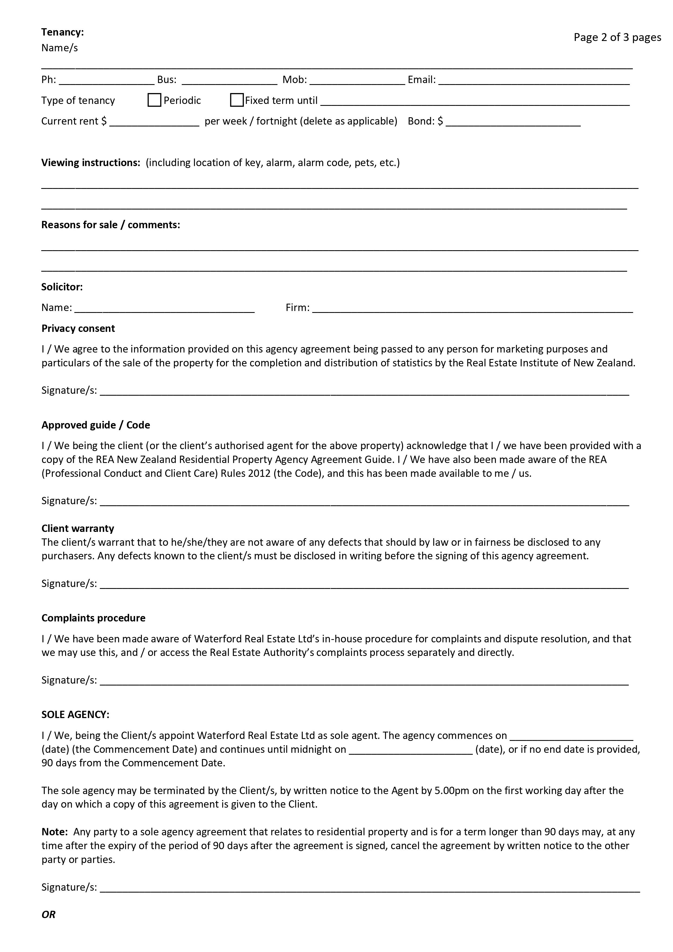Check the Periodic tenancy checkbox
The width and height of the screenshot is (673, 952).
coord(154,100)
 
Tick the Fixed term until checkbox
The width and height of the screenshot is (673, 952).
coord(237,100)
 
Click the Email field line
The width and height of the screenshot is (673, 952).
coord(534,80)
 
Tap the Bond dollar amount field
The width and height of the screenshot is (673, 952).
coord(513,122)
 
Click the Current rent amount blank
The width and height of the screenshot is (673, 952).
coord(154,122)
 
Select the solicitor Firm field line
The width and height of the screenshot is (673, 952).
coord(473,308)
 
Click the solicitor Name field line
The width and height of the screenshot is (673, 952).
coord(164,308)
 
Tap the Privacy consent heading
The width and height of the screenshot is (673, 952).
coord(78,328)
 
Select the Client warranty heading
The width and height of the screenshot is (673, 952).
coord(78,528)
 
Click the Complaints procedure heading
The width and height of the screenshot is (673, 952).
coord(93,618)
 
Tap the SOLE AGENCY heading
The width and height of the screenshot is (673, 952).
coord(75,715)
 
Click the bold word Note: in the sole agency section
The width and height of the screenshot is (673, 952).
coord(54,832)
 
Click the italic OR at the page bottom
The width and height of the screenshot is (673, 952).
coord(49,915)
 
